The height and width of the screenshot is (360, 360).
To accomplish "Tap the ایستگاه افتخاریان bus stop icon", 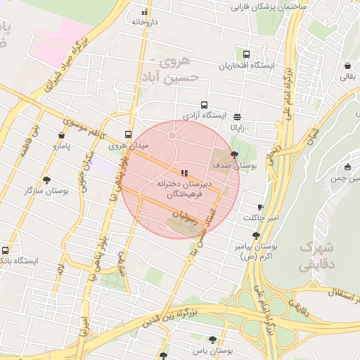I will coord(246,54).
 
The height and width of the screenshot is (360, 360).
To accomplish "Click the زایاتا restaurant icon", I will coord(237,117).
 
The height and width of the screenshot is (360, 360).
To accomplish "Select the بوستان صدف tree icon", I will coord(234,153).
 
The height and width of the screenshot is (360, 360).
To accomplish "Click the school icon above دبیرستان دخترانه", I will coord(184,172).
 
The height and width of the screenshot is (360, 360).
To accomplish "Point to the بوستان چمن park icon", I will coord(347,167).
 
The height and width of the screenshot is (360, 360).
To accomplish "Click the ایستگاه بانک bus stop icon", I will coord(6,250).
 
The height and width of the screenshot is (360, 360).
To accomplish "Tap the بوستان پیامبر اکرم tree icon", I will coord(256,236).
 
